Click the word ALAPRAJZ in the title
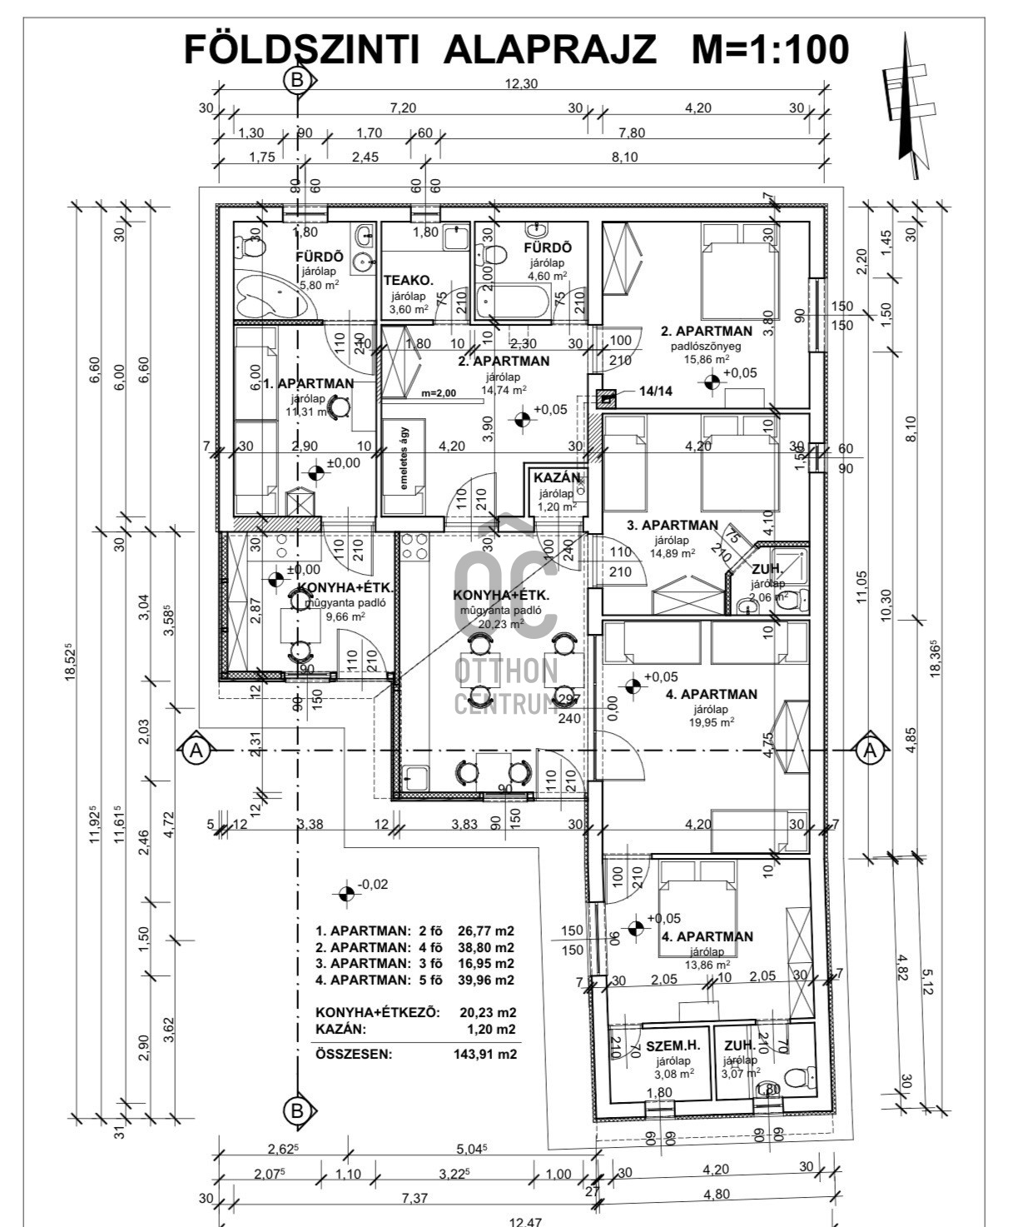[x=550, y=49]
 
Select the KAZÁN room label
[x=556, y=478]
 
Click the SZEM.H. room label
[x=673, y=1045]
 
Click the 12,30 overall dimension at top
[x=522, y=83]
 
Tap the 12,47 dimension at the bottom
[x=524, y=1222]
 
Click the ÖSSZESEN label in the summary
[x=353, y=1054]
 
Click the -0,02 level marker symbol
[x=347, y=894]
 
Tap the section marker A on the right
[x=871, y=751]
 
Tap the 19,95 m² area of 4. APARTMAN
[x=711, y=723]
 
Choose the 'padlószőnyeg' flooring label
[x=706, y=346]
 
